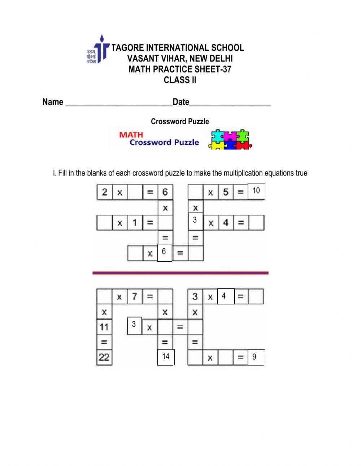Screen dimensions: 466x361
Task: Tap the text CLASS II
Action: click(x=180, y=80)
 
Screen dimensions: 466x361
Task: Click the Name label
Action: click(x=53, y=102)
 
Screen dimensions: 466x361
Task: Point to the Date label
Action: click(x=181, y=102)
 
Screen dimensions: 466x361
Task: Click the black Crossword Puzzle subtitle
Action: click(x=180, y=122)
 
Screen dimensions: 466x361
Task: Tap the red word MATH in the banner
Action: click(x=131, y=135)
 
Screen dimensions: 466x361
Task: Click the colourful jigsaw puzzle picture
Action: click(x=230, y=139)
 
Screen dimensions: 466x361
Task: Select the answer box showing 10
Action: click(x=256, y=191)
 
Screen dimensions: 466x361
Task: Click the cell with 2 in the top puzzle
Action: click(x=105, y=192)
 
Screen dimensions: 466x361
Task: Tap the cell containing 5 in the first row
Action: click(x=226, y=192)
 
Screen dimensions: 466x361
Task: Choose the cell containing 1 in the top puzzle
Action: click(x=135, y=223)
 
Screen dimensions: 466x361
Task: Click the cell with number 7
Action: click(x=135, y=297)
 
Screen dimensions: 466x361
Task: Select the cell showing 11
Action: click(x=104, y=327)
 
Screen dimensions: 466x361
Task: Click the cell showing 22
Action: click(x=104, y=357)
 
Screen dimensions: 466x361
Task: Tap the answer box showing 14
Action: click(x=166, y=357)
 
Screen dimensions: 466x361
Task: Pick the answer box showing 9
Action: click(x=256, y=357)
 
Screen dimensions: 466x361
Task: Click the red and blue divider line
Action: click(x=180, y=273)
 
